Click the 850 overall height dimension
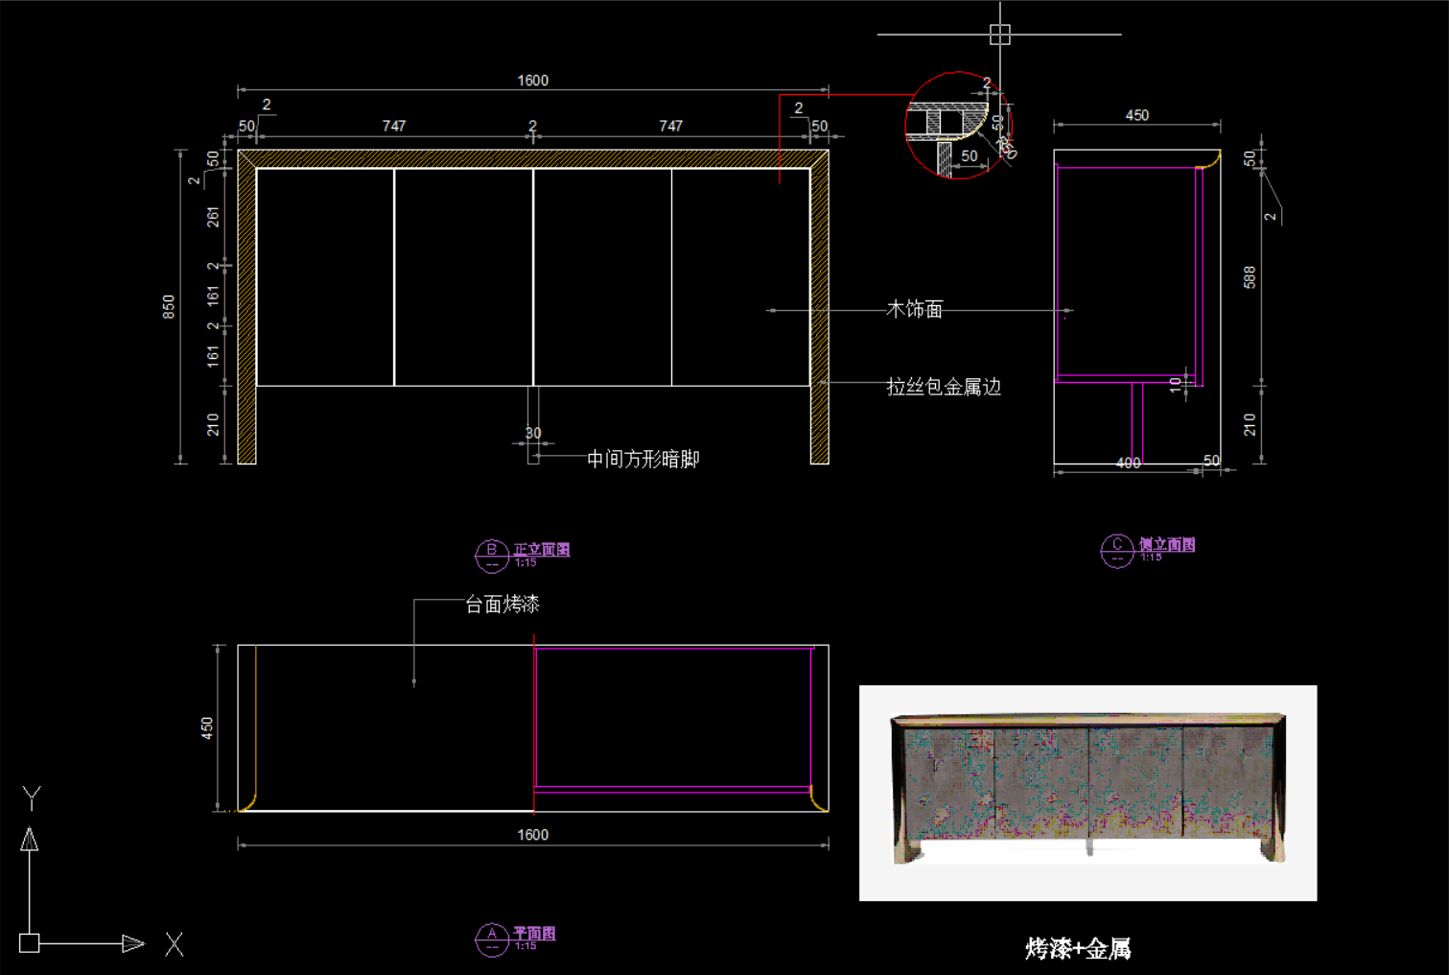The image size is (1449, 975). [x=169, y=306]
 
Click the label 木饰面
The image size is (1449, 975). [x=914, y=309]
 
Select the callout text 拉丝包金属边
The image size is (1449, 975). [x=944, y=387]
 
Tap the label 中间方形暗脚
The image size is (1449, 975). [x=643, y=459]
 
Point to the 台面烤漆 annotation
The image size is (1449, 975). [x=502, y=604]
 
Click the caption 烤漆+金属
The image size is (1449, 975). [x=1078, y=948]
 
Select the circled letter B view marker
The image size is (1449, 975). [x=491, y=554]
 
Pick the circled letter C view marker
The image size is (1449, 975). [x=1116, y=550]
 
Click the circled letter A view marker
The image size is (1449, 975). [x=491, y=939]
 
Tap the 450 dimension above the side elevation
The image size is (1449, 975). [x=1136, y=115]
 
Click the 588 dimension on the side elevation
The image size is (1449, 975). [x=1250, y=277]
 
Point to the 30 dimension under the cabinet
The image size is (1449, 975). [x=533, y=433]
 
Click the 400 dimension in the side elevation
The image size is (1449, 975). [x=1129, y=463]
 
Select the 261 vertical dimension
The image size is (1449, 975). [x=213, y=217]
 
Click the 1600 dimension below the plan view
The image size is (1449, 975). [x=532, y=835]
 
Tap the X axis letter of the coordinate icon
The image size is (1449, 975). [x=174, y=944]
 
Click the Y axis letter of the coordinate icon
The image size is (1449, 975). [x=32, y=797]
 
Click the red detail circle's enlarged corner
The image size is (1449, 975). [x=957, y=126]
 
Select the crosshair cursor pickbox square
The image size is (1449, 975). [x=999, y=35]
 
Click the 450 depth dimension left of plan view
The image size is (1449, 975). [x=207, y=728]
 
